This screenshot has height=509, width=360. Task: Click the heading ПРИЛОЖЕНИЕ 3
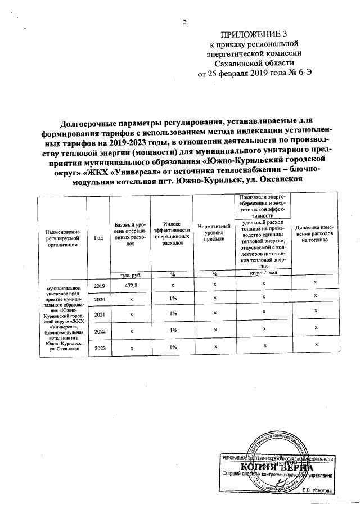pos(249,34)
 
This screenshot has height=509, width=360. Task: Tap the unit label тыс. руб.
pos(130,274)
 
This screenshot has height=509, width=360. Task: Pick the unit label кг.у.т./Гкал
pos(264,274)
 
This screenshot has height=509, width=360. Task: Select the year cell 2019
pos(100,286)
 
